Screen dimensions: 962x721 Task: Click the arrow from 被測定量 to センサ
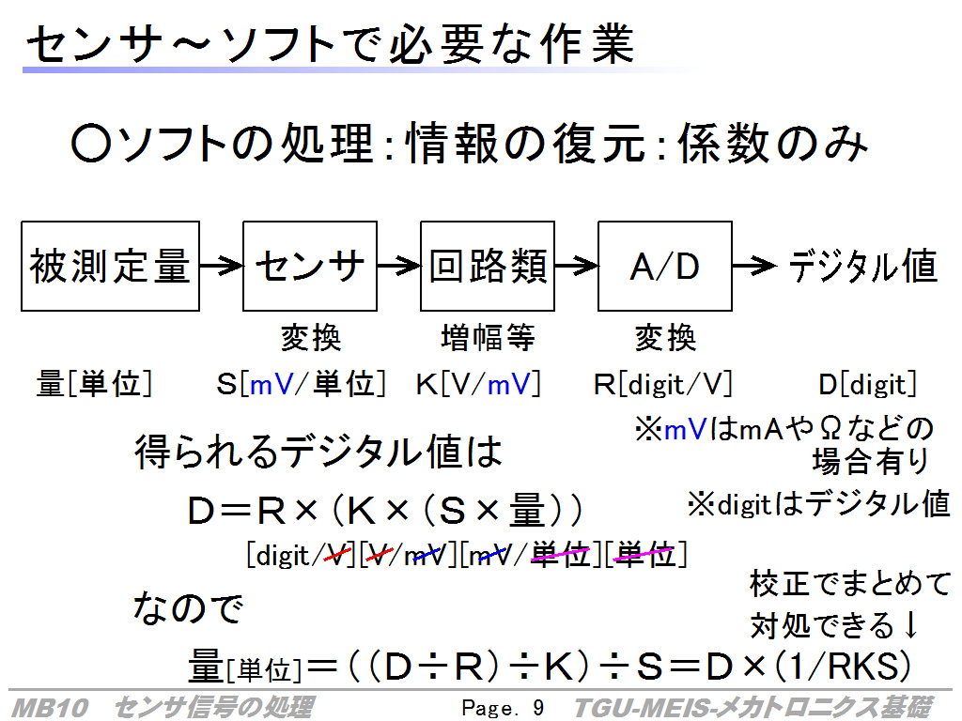[x=221, y=266]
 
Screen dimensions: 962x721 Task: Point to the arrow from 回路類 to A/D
[x=576, y=266]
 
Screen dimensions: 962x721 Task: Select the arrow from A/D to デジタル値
[x=754, y=266]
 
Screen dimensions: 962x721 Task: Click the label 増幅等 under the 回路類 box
[x=488, y=338]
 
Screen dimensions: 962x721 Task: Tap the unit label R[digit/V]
[x=663, y=384]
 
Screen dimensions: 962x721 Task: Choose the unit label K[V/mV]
[x=478, y=384]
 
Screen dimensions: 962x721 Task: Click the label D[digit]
[x=867, y=384]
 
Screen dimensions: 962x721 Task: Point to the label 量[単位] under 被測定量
[x=95, y=384]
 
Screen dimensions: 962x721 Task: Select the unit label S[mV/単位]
[x=301, y=384]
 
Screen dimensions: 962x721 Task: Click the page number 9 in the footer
[x=538, y=708]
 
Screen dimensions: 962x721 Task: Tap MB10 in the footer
[x=50, y=708]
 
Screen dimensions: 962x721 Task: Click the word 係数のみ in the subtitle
[x=773, y=144]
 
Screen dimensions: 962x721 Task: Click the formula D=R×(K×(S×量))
[x=384, y=511]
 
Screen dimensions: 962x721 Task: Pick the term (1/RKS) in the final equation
[x=843, y=666]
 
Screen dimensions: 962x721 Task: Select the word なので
[x=188, y=608]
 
